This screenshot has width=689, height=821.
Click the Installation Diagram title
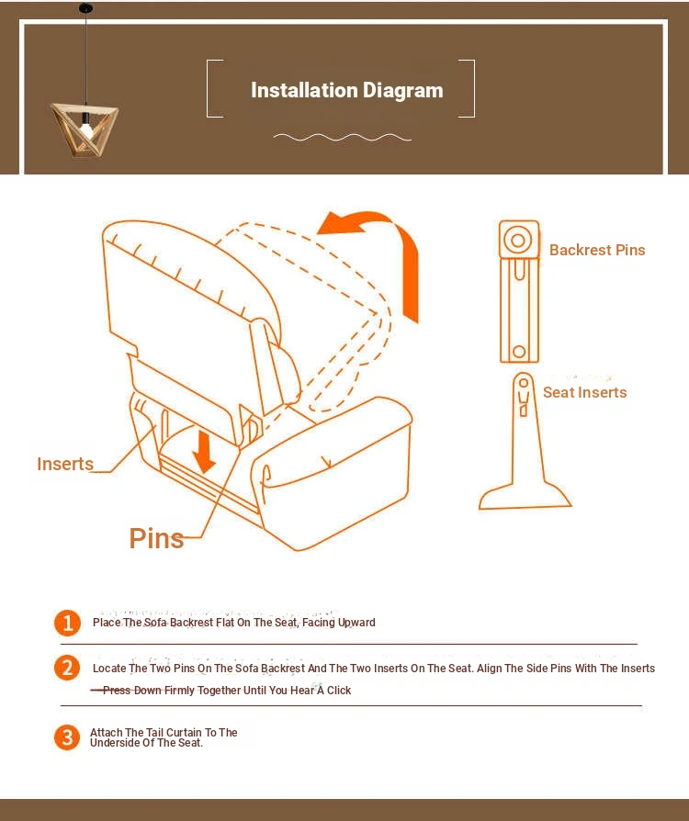coord(347,90)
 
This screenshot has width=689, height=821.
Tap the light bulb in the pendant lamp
coord(86,129)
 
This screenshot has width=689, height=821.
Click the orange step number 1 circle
coord(67,623)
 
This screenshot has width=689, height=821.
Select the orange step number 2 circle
coord(67,669)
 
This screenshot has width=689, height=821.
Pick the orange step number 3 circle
coord(67,737)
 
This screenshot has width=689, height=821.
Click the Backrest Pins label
coord(597,251)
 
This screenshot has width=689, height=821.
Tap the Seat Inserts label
coord(585,392)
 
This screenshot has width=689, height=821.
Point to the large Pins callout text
coord(156,538)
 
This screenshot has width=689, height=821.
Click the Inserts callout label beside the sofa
coord(65,464)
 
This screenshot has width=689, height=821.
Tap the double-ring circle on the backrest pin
coord(517,241)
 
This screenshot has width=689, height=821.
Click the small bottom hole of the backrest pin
coord(519,352)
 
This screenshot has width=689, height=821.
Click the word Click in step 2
coord(339,691)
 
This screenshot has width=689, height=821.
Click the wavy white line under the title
coord(342,138)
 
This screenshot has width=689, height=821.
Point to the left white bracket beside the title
coord(215,88)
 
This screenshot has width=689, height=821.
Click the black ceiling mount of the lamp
coord(85,8)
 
